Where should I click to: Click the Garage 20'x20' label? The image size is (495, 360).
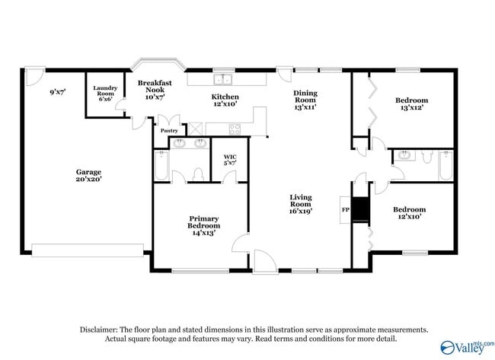[88, 176]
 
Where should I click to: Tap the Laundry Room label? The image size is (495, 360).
[105, 93]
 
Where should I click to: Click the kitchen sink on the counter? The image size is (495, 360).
[223, 79]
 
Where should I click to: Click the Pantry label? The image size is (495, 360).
[169, 130]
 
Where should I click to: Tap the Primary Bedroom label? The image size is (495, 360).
[204, 225]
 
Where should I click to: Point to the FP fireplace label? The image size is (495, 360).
[345, 209]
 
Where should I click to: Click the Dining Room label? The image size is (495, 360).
[305, 100]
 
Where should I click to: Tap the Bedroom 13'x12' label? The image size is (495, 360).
[411, 104]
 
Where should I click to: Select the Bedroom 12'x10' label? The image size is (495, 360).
[409, 212]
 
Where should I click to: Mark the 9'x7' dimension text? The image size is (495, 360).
[57, 92]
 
